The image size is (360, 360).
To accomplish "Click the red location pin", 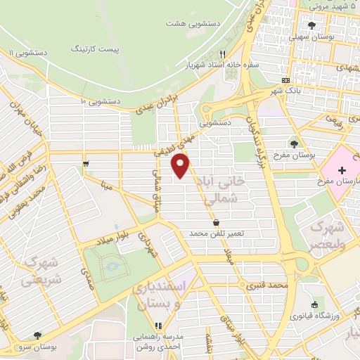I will pos(181,165).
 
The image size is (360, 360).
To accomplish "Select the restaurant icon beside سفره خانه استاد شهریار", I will pos(222,53).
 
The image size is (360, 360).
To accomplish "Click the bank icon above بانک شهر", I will pos(284,79).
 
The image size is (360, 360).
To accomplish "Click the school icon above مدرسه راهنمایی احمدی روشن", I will pos(158,326).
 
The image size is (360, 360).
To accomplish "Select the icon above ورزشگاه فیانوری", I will pos(314,304).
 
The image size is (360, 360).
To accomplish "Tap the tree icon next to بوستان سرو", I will pos(37,335).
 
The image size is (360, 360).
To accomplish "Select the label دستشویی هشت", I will pos(193,23).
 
